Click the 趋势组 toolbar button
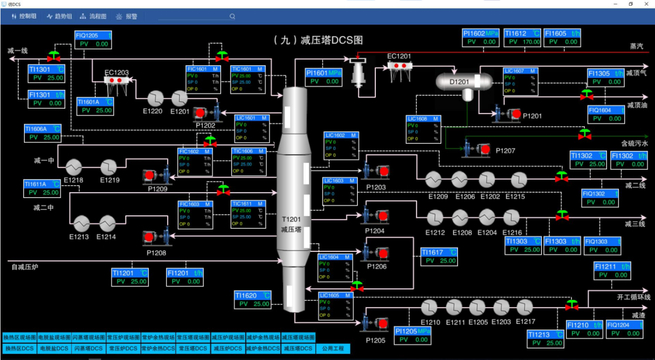[59, 16]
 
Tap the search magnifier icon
[232, 17]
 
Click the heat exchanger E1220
[155, 98]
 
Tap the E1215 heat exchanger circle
[518, 180]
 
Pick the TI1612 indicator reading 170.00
[522, 38]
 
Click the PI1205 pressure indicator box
[413, 335]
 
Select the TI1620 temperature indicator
[253, 299]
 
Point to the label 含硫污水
[634, 143]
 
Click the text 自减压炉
[25, 267]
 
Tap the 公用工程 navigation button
[333, 349]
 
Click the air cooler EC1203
[116, 81]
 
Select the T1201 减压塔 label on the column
[291, 225]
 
